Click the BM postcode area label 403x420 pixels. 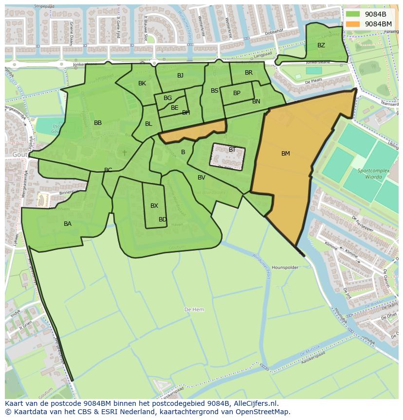286,154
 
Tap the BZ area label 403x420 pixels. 321,45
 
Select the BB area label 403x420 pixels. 98,123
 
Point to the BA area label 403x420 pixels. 68,224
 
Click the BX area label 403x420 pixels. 154,206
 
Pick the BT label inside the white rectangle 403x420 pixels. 232,150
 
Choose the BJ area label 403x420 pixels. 181,75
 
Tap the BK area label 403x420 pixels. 142,83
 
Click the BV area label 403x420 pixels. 201,178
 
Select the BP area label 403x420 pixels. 237,93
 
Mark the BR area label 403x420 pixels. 249,73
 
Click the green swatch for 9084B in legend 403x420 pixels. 353,14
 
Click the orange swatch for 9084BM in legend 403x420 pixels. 353,24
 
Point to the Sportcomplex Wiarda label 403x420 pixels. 370,174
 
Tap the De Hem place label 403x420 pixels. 194,310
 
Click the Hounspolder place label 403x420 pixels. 284,268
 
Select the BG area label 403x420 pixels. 167,98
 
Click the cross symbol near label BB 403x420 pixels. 125,153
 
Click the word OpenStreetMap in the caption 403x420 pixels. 263,412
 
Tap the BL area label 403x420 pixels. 148,124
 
